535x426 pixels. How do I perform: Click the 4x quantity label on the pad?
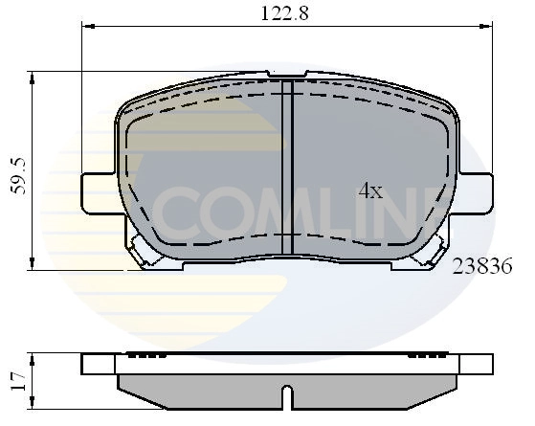pos(370,191)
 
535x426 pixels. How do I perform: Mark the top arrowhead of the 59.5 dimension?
pos(33,75)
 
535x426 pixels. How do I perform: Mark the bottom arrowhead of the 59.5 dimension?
pos(33,268)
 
